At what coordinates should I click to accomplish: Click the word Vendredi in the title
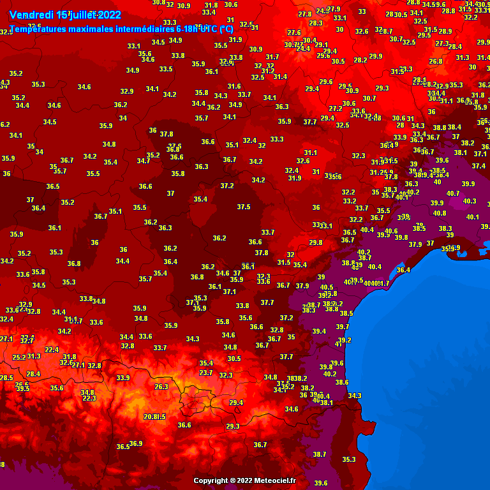click(31, 14)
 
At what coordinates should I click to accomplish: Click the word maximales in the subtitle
click(94, 29)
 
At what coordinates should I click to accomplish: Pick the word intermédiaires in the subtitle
click(145, 29)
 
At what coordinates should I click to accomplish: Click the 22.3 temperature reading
click(89, 399)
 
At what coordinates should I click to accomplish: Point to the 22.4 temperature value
click(52, 350)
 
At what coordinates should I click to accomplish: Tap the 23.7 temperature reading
click(205, 373)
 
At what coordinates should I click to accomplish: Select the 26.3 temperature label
click(161, 387)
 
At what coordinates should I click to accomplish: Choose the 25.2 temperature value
click(19, 357)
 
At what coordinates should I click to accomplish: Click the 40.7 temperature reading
click(453, 193)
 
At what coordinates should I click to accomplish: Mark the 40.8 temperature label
click(440, 213)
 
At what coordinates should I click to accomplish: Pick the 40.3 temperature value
click(469, 201)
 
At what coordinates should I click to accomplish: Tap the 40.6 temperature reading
click(391, 232)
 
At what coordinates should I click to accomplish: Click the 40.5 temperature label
click(327, 288)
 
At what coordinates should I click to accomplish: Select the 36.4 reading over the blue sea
click(403, 271)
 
